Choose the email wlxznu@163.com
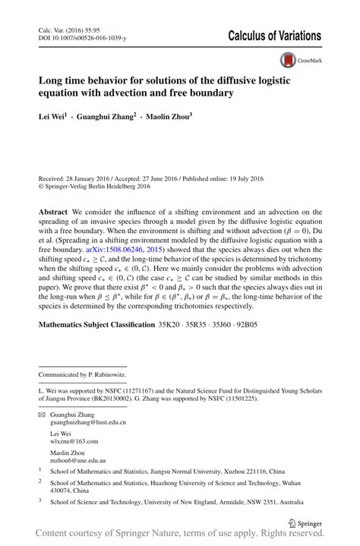click(71, 440)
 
